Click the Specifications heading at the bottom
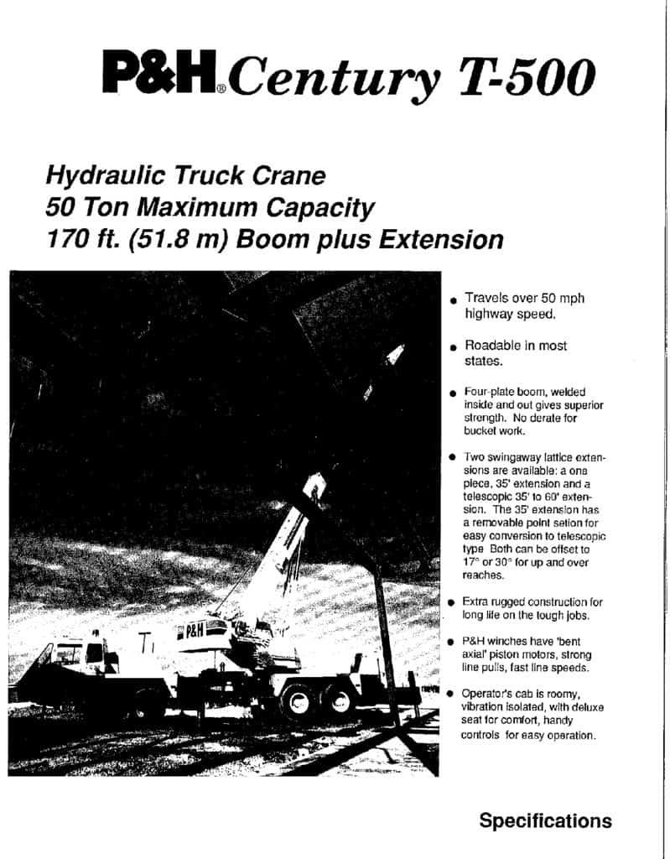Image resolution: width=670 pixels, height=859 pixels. [x=545, y=820]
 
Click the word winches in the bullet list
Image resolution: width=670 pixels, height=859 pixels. [x=512, y=641]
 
